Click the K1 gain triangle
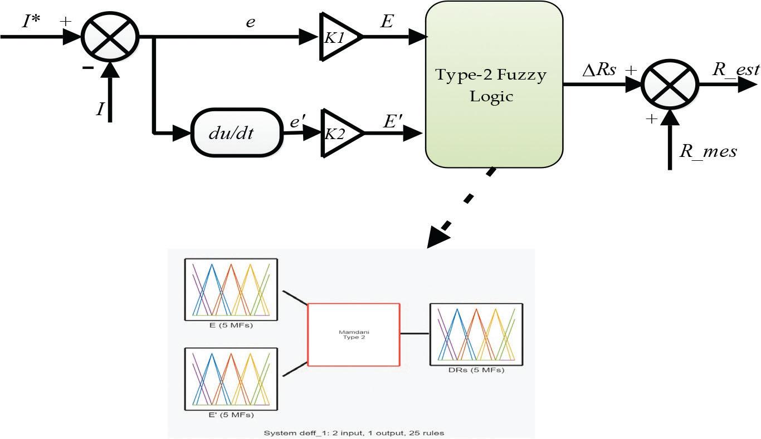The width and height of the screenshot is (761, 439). [x=338, y=37]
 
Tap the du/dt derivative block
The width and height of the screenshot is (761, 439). [x=236, y=133]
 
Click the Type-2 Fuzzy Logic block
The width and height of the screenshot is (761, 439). [x=494, y=85]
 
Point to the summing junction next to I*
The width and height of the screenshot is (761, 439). [x=110, y=37]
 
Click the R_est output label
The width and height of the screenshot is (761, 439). [x=735, y=70]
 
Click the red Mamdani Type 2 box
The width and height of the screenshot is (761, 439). [x=354, y=334]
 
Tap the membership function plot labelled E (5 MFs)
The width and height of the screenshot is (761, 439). [x=231, y=289]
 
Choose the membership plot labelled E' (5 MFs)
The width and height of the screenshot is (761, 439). [x=231, y=379]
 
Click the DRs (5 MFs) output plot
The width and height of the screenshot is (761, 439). [x=476, y=334]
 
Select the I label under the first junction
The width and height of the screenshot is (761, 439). [x=100, y=108]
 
